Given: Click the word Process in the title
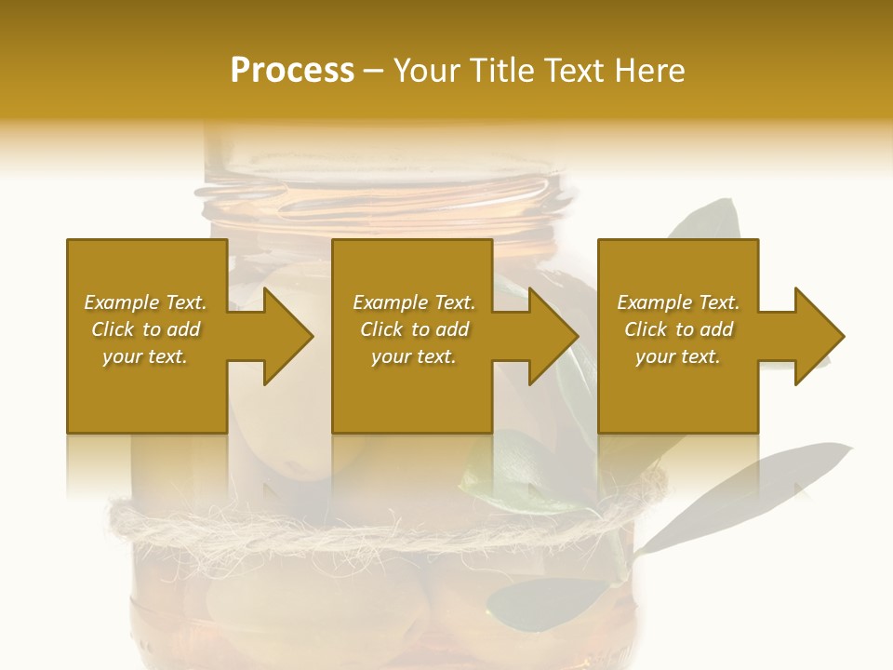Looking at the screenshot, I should [x=292, y=71].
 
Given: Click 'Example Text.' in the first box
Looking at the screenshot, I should [x=145, y=302].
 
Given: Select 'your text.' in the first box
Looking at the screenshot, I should [x=145, y=356].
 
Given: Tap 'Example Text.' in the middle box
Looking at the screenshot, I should [x=413, y=302].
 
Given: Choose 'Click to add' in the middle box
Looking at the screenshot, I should [x=413, y=329].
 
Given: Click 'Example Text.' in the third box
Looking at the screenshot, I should [x=678, y=302].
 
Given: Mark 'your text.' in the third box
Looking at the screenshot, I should [x=678, y=356].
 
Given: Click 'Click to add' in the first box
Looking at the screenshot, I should [x=145, y=329].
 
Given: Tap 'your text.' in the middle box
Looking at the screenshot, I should [x=413, y=356].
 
